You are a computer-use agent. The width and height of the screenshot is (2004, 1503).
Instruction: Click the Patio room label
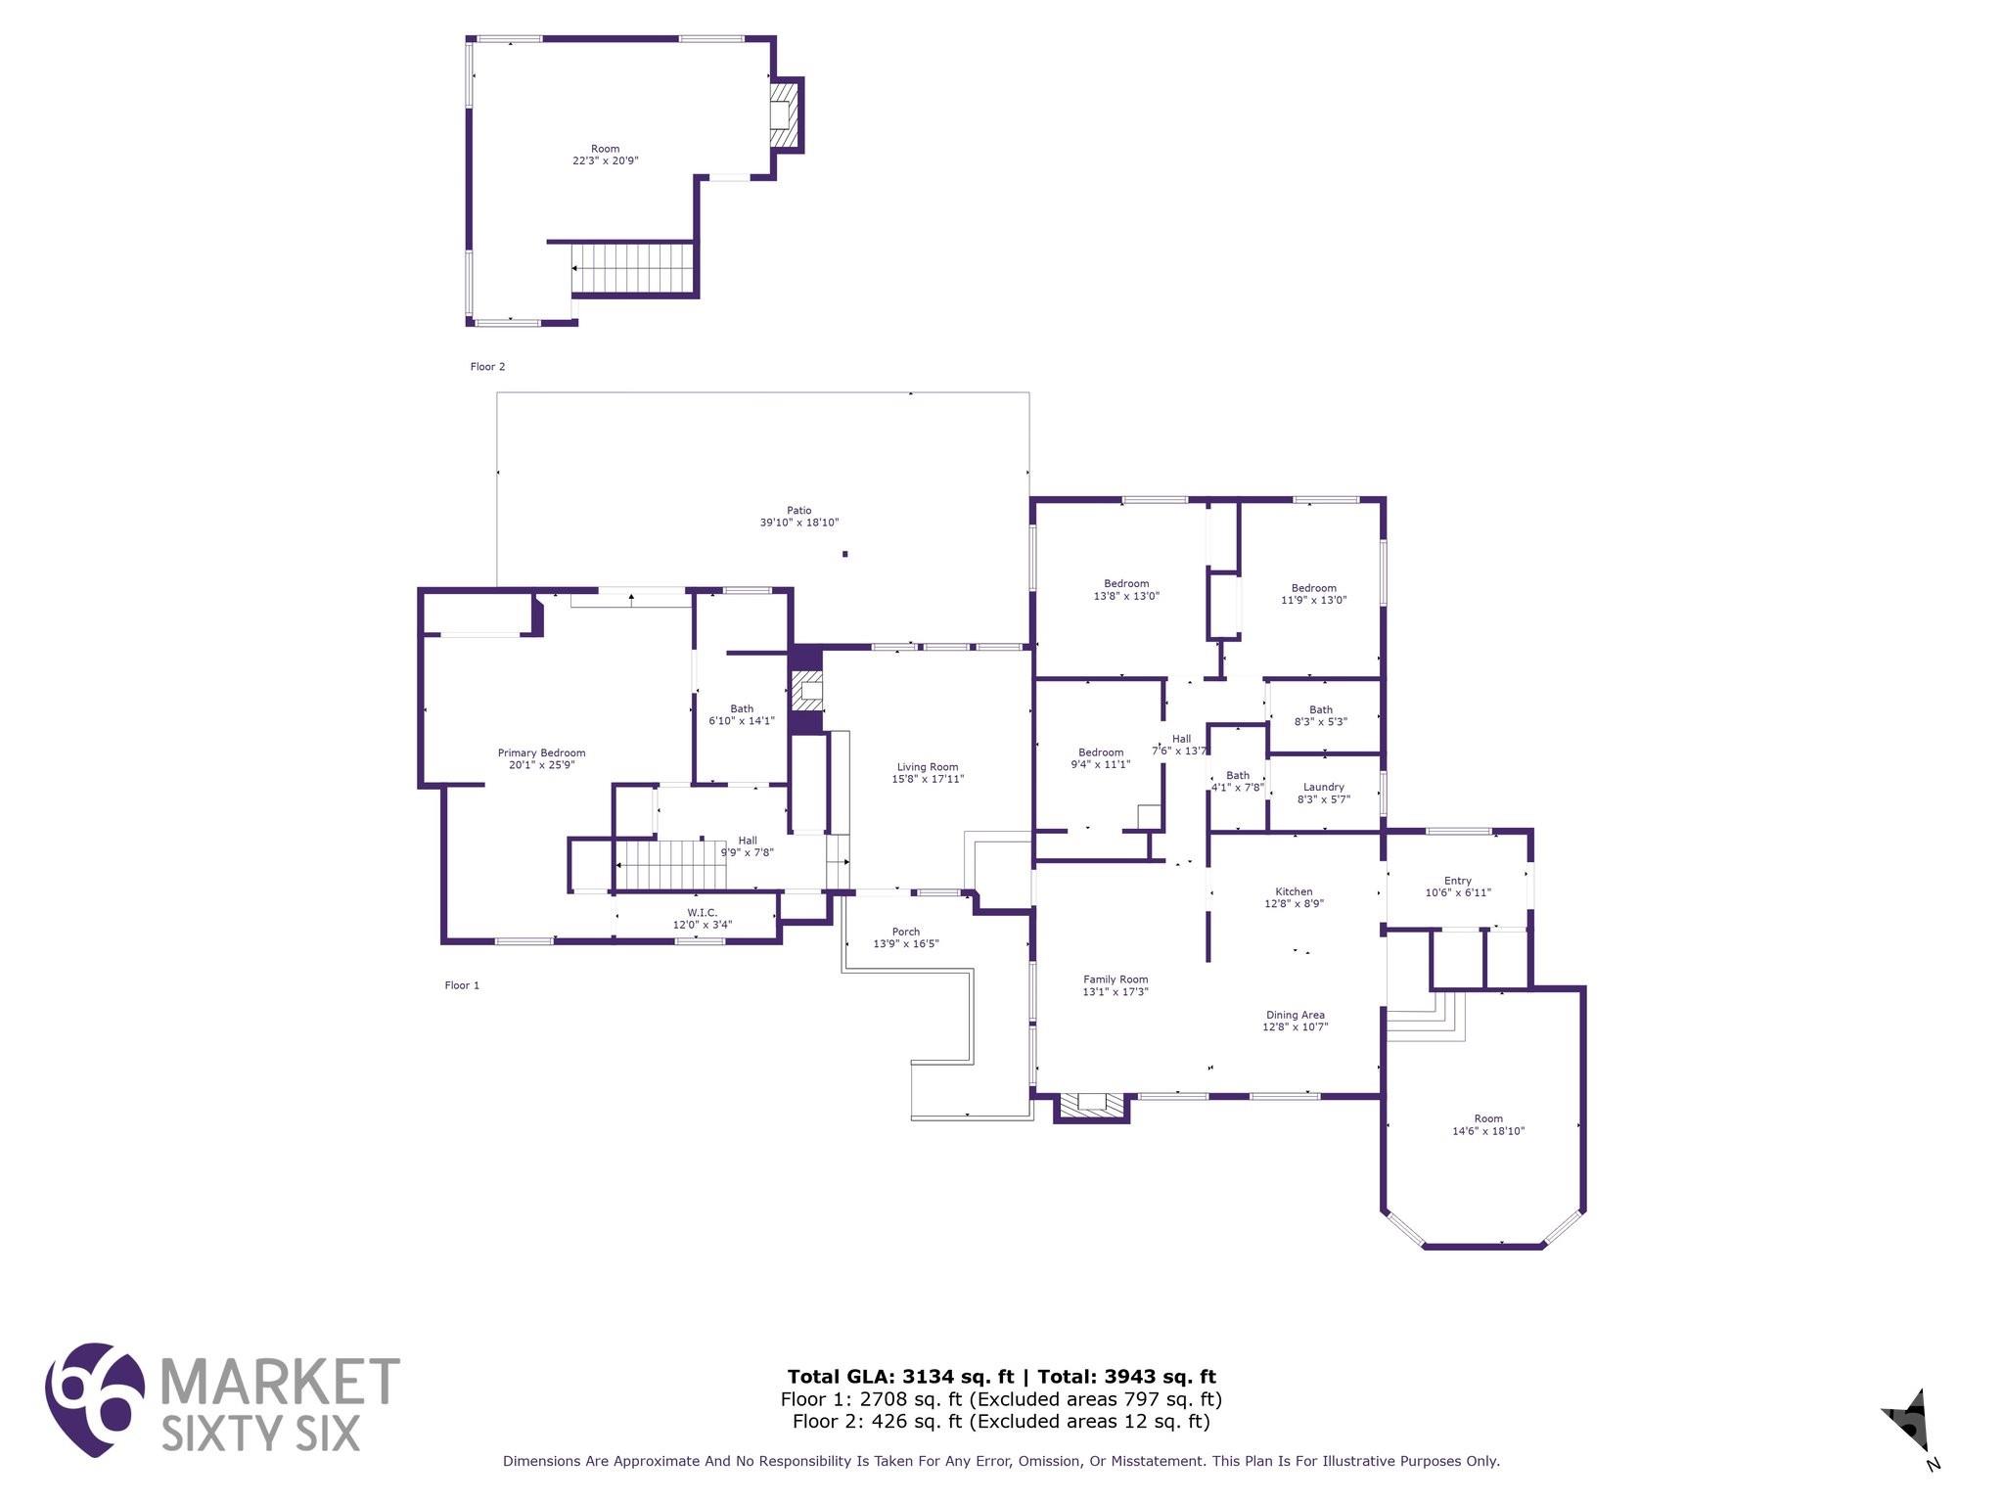coord(799,510)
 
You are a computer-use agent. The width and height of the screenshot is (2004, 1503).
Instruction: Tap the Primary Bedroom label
coord(541,752)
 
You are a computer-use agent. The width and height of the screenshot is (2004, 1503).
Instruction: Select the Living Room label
coord(928,767)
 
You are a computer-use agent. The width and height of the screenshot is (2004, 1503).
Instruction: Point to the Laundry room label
coord(1324,787)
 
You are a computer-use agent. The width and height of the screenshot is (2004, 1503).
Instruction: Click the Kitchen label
coord(1294,891)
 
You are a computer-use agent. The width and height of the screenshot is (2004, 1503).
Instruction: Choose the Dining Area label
coord(1296,1015)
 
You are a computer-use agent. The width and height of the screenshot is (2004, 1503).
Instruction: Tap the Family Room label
coord(1116,979)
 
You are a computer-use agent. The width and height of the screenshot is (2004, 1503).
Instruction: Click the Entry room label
coord(1458,881)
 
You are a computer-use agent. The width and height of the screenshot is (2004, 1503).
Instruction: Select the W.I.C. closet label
coord(702,912)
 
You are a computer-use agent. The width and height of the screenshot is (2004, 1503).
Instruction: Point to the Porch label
coord(906,932)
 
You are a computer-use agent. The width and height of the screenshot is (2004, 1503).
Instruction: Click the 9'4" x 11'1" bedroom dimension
coord(1101,764)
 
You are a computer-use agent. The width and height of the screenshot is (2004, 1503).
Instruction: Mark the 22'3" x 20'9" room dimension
coord(606,160)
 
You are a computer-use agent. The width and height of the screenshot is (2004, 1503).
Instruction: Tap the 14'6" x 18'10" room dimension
coord(1488,1131)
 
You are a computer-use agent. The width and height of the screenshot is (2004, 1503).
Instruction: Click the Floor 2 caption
coord(487,367)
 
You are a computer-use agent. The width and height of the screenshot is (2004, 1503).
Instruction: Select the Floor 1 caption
coord(462,985)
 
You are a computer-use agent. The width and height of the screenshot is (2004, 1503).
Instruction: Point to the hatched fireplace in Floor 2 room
coord(782,114)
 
